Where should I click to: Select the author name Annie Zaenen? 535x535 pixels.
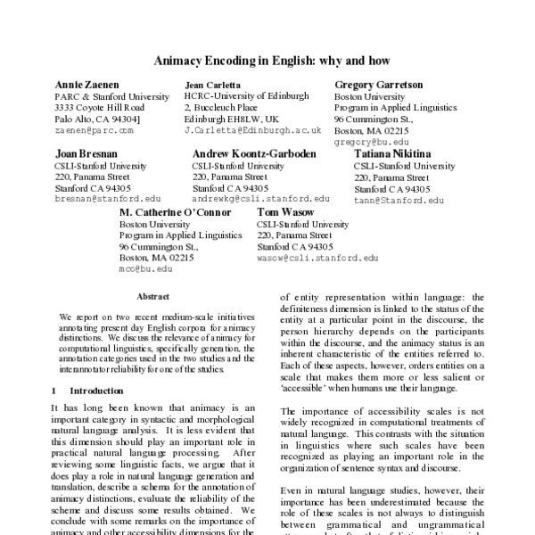(x=86, y=84)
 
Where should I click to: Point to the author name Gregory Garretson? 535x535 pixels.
(x=378, y=84)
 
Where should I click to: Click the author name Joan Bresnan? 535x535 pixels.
(x=85, y=153)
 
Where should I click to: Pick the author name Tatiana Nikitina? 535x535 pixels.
(x=395, y=153)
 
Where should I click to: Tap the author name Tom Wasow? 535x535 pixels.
(x=284, y=212)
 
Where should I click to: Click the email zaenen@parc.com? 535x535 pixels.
(x=94, y=130)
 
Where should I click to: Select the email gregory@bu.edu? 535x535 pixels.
(x=372, y=142)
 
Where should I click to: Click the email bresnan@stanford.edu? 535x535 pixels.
(x=108, y=200)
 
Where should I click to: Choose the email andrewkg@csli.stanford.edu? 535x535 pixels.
(x=255, y=200)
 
